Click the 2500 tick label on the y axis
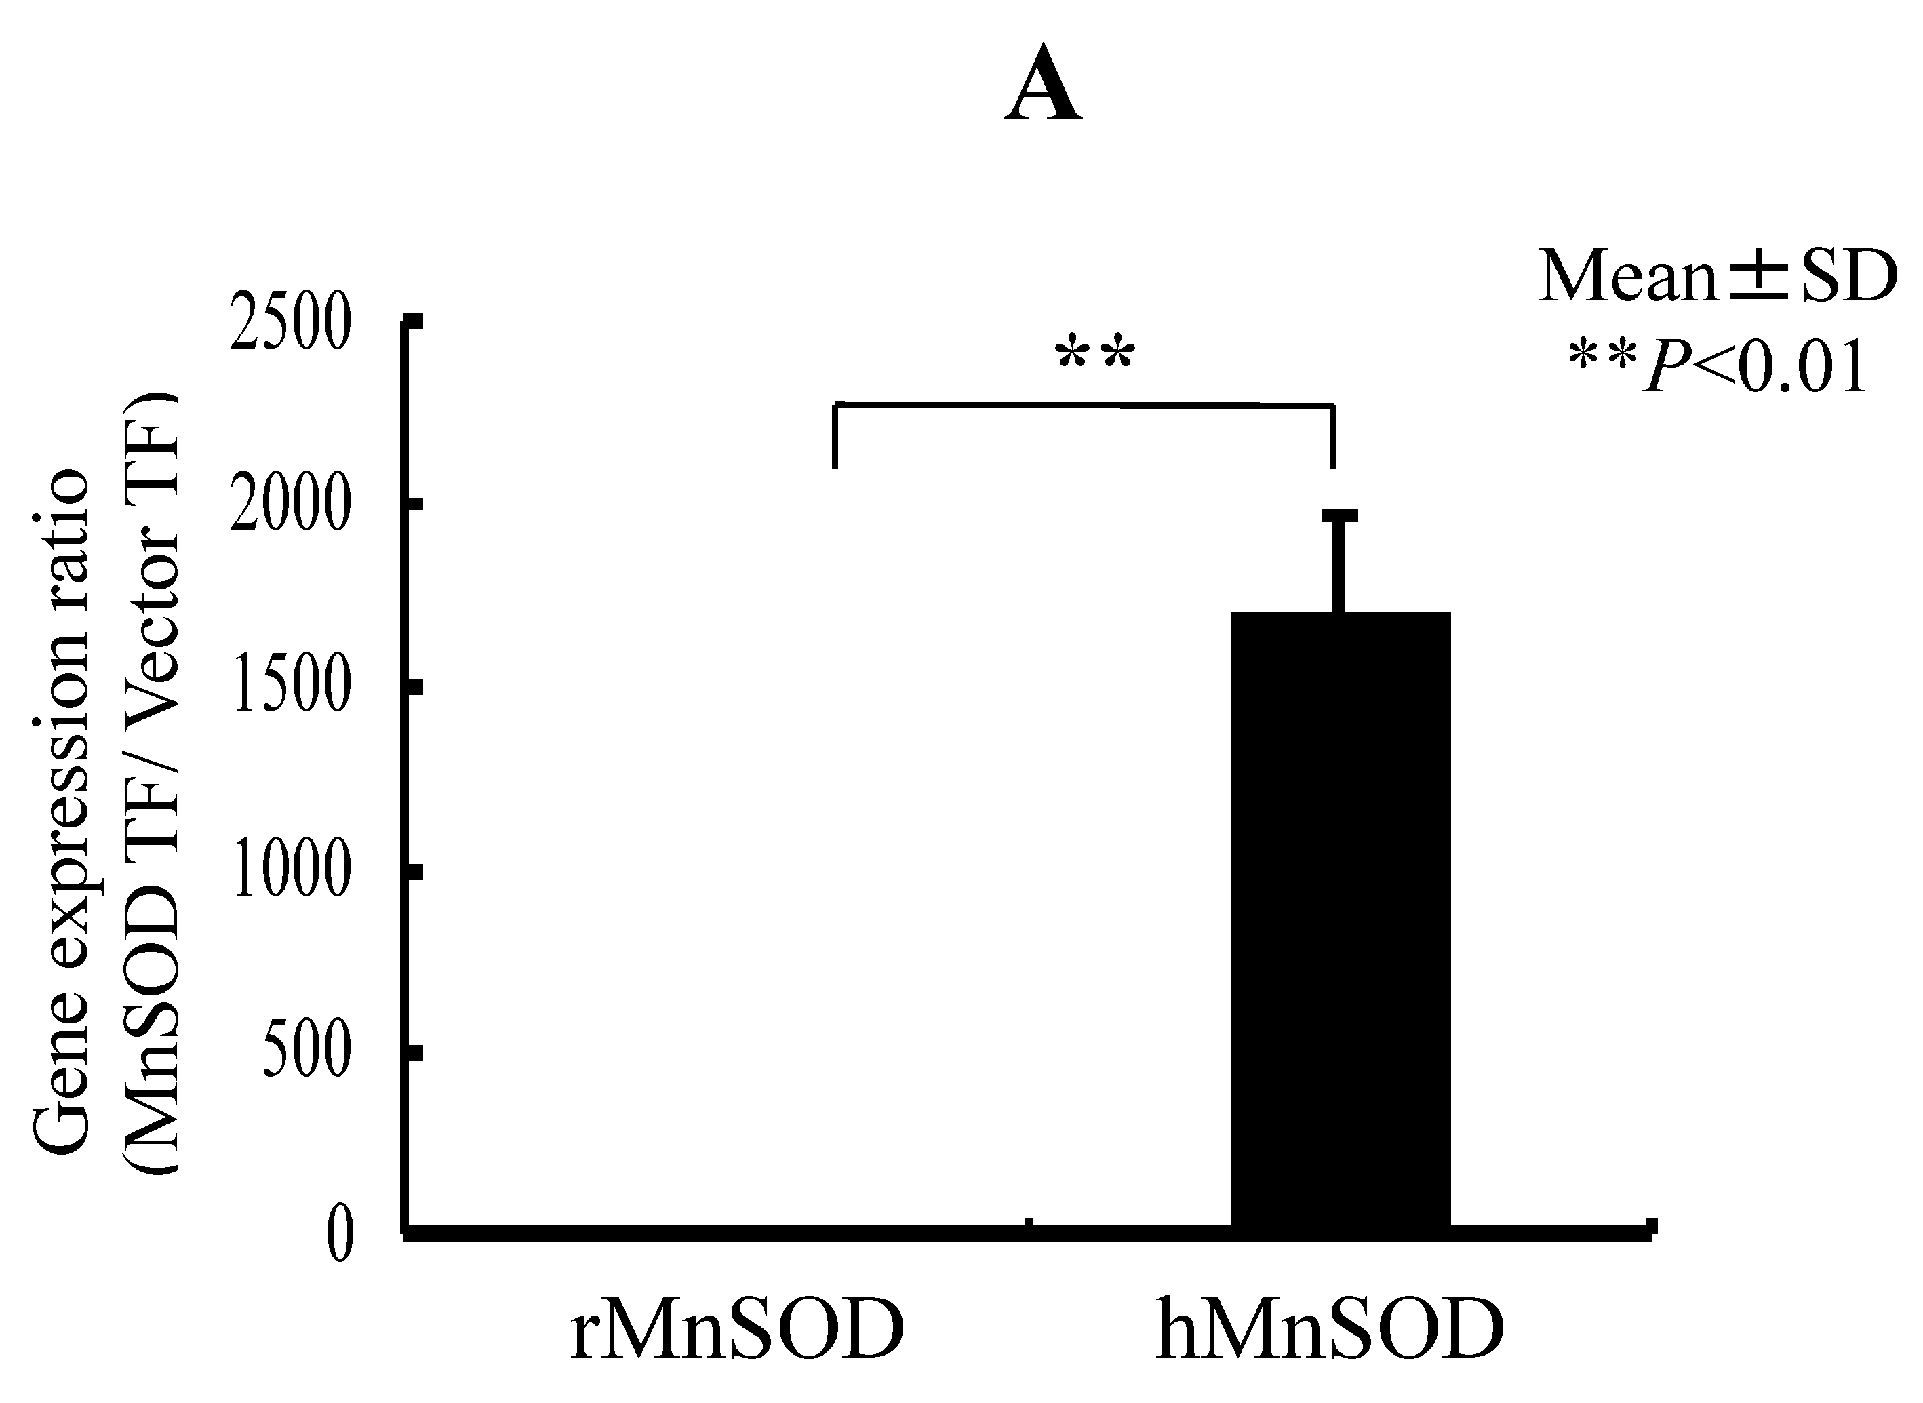coord(290,324)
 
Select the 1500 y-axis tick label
coord(290,689)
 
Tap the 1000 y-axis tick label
coord(290,872)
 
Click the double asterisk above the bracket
coord(1094,354)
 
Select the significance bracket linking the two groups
coord(1084,406)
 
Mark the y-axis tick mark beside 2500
coord(414,321)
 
